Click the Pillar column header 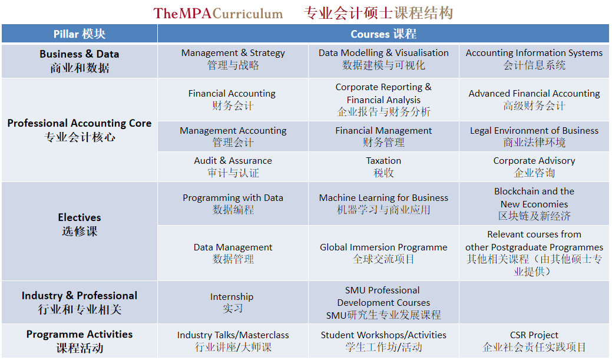point(80,34)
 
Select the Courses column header point(383,34)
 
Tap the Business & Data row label point(80,61)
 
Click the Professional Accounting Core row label point(80,130)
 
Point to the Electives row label point(80,224)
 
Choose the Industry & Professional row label point(80,302)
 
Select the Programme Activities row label point(80,341)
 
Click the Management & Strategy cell point(233,59)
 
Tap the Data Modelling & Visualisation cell point(383,59)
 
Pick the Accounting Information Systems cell point(534,59)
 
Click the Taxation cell point(383,167)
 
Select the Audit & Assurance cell point(233,167)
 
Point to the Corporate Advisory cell point(534,167)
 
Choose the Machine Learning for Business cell point(383,204)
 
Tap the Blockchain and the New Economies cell point(534,204)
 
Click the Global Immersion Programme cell point(383,253)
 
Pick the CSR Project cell point(534,341)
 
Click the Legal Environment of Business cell point(534,136)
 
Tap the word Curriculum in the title point(248,14)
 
